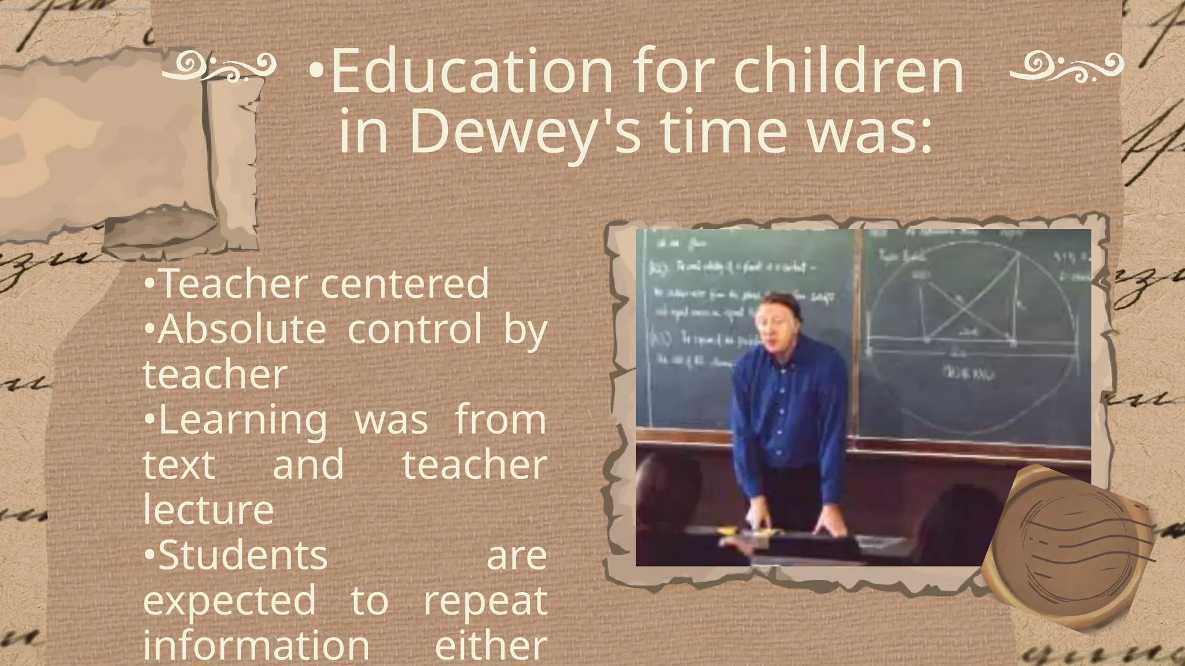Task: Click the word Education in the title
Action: (471, 72)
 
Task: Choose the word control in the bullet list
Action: (415, 328)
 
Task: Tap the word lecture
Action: (208, 510)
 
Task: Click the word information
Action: (256, 645)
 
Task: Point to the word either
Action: (491, 645)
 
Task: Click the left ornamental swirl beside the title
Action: (218, 67)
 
